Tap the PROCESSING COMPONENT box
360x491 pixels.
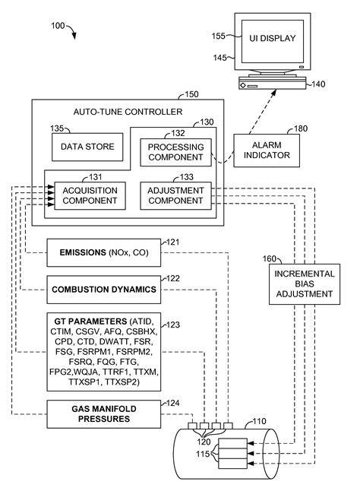pos(175,153)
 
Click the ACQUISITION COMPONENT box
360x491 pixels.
pos(89,195)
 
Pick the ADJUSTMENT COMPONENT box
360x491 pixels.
pos(175,195)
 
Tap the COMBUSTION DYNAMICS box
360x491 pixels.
pos(104,289)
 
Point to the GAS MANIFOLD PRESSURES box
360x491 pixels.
pos(104,414)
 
